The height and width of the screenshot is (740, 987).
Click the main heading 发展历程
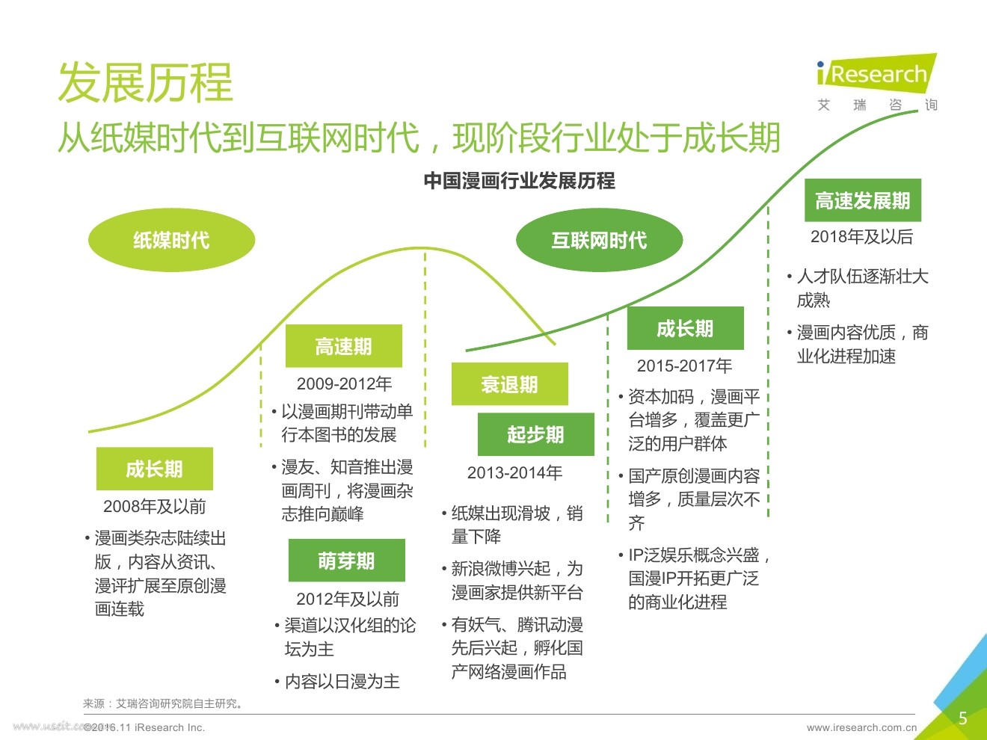point(146,82)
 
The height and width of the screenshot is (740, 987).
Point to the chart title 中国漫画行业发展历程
point(519,181)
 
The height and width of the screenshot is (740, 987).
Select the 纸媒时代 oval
point(171,240)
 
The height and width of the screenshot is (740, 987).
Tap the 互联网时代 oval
point(599,240)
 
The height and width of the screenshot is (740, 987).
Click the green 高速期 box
point(343,346)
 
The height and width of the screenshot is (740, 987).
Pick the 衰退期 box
point(509,384)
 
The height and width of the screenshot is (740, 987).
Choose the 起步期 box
point(535,434)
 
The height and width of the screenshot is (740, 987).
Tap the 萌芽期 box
point(346,561)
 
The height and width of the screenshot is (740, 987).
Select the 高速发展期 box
point(862,200)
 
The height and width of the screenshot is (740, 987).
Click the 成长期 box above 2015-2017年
point(685,328)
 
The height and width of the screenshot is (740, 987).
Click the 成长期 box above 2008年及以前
point(154,469)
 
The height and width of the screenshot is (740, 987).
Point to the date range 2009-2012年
point(344,383)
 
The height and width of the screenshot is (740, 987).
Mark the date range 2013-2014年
point(514,472)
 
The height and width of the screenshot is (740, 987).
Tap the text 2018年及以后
point(861,237)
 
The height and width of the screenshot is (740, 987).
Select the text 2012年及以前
point(348,599)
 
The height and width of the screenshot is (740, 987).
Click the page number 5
point(963,718)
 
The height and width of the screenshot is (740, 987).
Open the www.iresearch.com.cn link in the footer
point(861,727)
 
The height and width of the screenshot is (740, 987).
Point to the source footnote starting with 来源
point(163,703)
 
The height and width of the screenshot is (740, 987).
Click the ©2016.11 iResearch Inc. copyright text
point(144,727)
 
